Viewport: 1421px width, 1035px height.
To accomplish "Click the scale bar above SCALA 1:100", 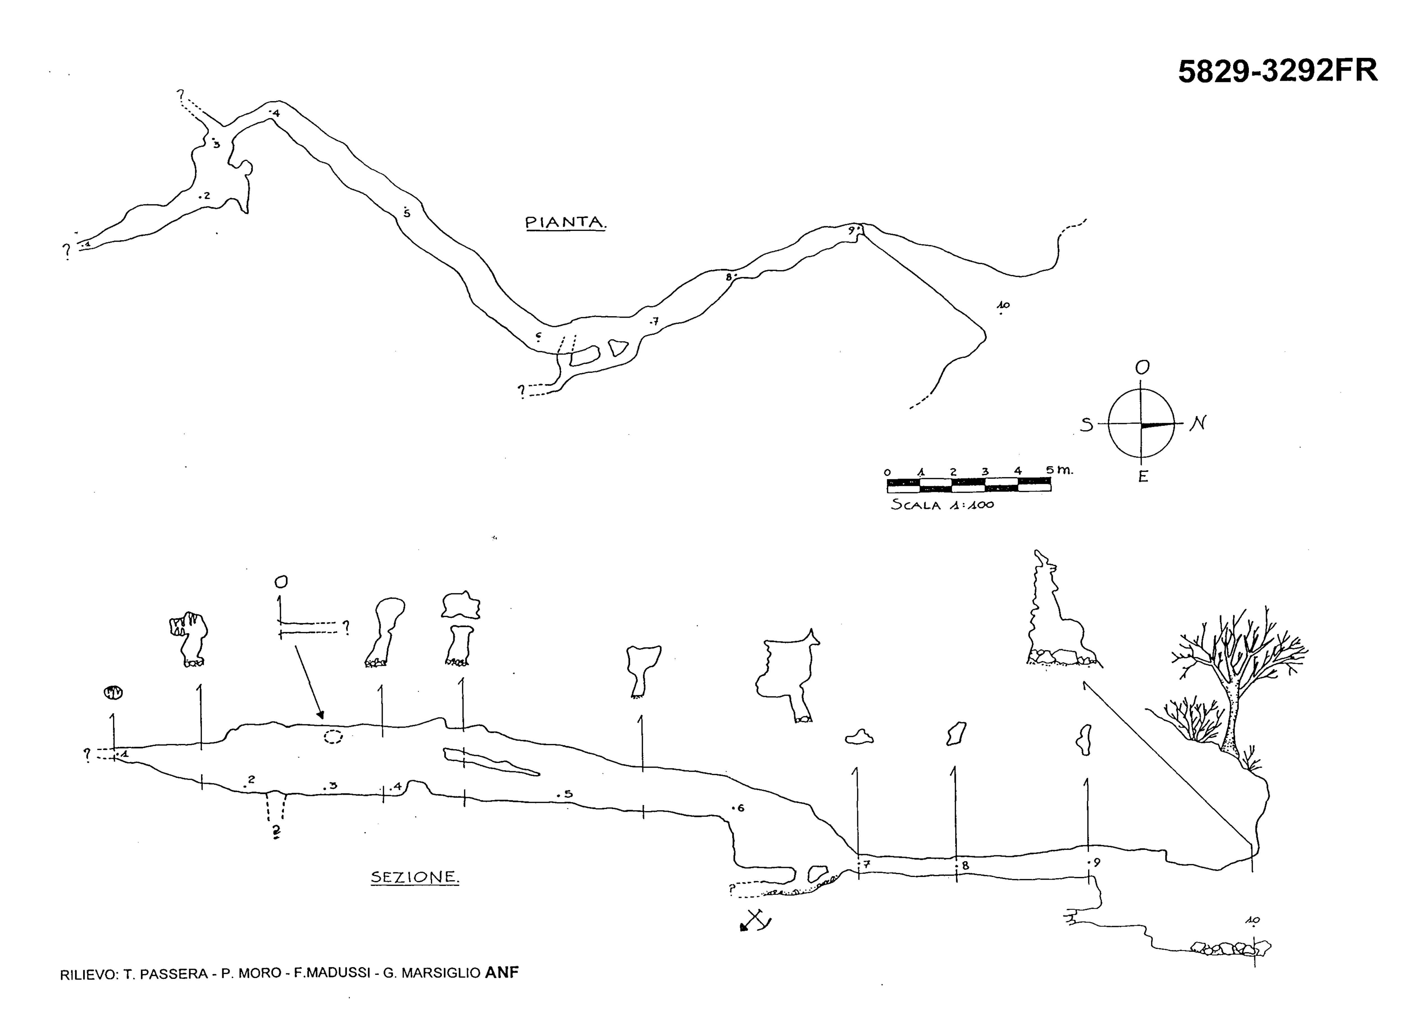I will pyautogui.click(x=969, y=485).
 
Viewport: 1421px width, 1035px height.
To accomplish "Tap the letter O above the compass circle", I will pyautogui.click(x=1142, y=367).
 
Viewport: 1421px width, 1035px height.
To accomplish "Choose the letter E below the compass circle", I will pyautogui.click(x=1143, y=476).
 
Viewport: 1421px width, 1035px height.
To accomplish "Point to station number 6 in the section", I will pyautogui.click(x=741, y=808).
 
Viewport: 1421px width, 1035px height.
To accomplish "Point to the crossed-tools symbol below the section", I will pyautogui.click(x=755, y=920).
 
